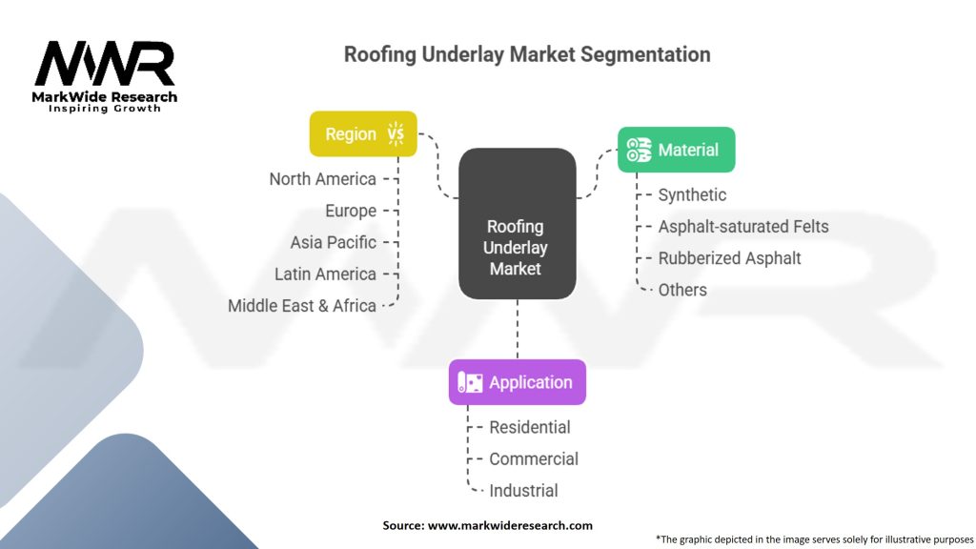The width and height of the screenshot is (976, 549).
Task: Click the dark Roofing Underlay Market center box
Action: (x=517, y=224)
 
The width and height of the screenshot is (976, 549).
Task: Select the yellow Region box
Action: (x=363, y=134)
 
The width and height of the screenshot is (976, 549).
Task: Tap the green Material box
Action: (x=676, y=150)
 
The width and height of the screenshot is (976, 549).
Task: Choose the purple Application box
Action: (x=517, y=382)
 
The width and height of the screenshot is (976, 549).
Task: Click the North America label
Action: (x=322, y=179)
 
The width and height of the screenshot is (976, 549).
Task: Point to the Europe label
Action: (x=351, y=211)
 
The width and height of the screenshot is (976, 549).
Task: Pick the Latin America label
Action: (x=325, y=274)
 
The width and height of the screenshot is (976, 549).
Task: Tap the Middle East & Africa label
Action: (x=302, y=306)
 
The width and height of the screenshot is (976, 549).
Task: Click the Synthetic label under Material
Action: (x=692, y=194)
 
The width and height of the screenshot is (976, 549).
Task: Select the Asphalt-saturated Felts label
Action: (x=743, y=227)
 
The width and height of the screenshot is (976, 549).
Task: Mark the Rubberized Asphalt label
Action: (x=729, y=258)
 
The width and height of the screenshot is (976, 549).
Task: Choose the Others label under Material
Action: (x=682, y=290)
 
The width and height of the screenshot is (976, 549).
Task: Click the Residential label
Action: (x=530, y=427)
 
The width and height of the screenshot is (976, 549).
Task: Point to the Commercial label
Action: (x=534, y=458)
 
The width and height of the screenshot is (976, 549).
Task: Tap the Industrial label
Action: (x=523, y=491)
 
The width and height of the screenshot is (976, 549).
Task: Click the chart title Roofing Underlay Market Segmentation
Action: (x=527, y=54)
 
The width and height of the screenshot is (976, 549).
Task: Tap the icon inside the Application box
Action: (x=471, y=382)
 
